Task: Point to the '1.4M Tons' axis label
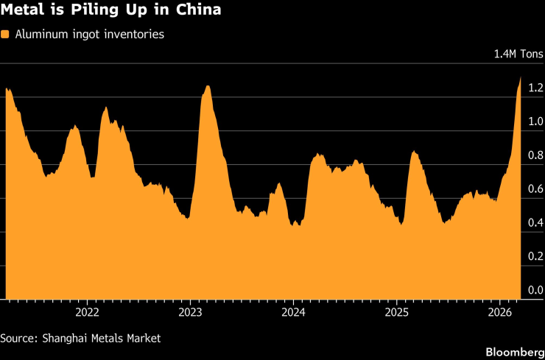(x=518, y=54)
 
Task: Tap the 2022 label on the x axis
(x=87, y=311)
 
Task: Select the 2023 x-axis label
(x=190, y=311)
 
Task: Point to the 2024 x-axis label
(x=293, y=311)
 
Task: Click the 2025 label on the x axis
(x=396, y=311)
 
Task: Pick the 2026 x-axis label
(x=499, y=311)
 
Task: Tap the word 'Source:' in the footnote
(x=19, y=338)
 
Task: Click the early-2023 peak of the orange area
(x=208, y=86)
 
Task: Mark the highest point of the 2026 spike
(x=521, y=78)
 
